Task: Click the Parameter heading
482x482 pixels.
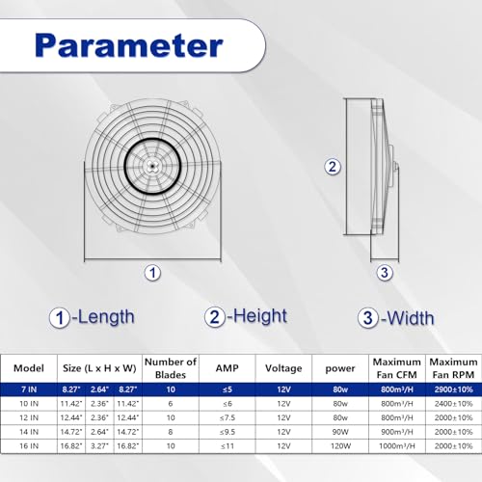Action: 129,45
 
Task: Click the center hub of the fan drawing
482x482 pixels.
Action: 152,167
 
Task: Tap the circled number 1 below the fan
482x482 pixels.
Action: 152,273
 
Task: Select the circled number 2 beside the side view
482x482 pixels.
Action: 333,167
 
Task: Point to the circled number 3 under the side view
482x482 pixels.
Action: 385,273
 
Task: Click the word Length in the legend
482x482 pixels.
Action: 106,317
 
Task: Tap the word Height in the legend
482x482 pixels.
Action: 260,316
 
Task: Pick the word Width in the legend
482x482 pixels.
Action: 411,318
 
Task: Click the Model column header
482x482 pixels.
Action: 29,368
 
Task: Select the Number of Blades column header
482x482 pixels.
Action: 171,368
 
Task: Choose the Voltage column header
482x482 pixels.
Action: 283,368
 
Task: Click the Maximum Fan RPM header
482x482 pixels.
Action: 453,368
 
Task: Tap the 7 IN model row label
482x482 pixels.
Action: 29,389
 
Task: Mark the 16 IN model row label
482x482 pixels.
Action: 29,446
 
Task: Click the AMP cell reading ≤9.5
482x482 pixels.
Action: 228,432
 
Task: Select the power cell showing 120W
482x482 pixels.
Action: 340,446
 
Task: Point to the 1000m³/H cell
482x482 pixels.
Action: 397,446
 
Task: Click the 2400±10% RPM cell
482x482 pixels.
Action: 453,404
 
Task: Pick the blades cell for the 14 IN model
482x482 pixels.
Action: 171,432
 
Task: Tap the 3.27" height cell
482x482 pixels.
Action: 99,446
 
